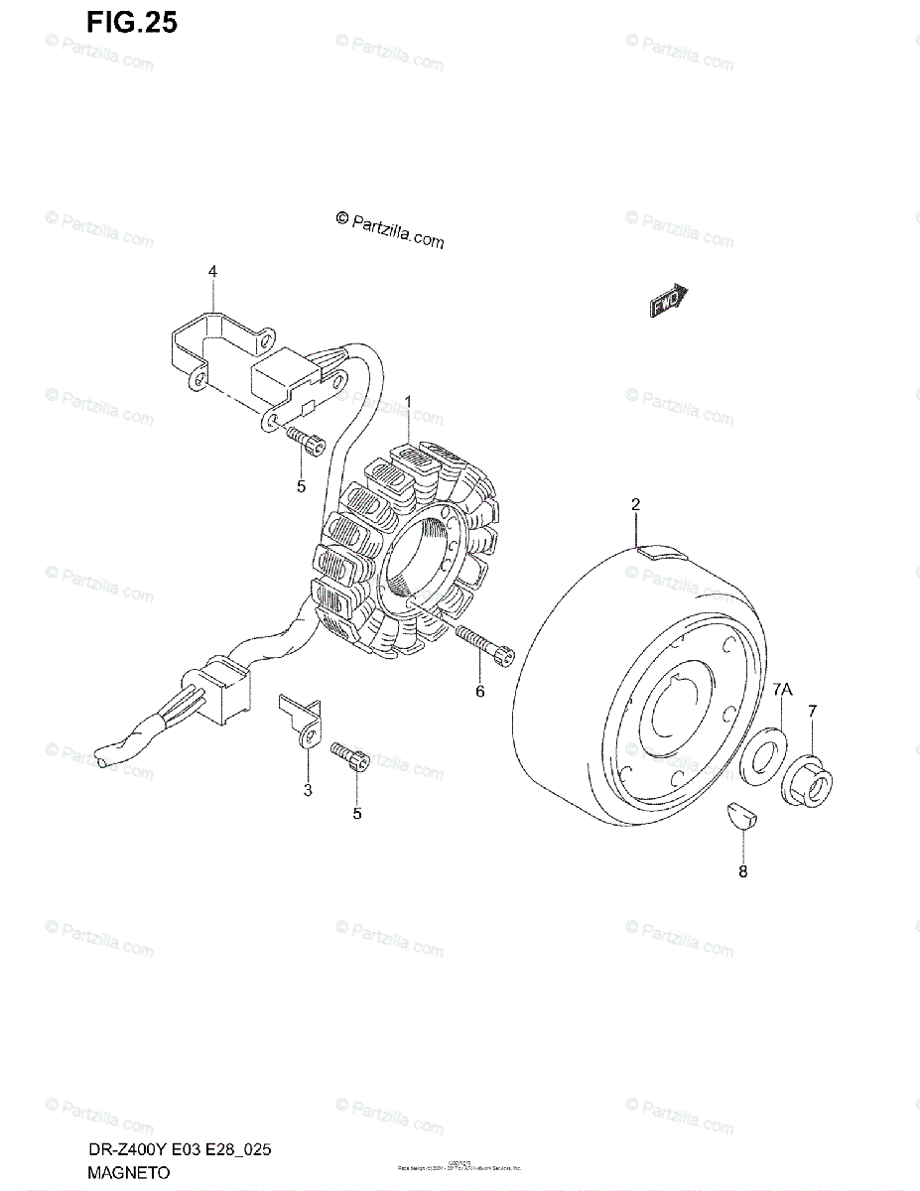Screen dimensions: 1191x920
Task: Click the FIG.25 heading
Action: [131, 22]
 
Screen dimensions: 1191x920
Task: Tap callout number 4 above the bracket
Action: [211, 271]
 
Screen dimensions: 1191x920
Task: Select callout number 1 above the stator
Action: [407, 401]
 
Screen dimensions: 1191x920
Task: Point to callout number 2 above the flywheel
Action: [635, 504]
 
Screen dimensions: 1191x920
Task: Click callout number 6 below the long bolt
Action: [479, 691]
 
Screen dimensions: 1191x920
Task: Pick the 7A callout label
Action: [782, 689]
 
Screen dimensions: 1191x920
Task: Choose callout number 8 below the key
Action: [742, 871]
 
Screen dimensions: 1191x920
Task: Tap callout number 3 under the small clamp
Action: [308, 790]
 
